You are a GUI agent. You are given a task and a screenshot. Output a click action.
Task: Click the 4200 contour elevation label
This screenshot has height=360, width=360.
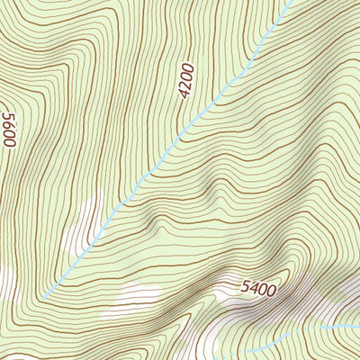(x=186, y=80)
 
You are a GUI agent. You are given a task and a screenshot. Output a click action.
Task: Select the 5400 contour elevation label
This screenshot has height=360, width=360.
(x=258, y=289)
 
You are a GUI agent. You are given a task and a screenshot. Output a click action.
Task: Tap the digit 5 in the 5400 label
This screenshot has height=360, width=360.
(x=246, y=291)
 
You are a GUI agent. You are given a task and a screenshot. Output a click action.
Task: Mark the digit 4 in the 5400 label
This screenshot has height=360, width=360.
(x=254, y=290)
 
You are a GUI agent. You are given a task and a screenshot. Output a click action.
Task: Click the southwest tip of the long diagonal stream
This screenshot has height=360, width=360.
(x=42, y=298)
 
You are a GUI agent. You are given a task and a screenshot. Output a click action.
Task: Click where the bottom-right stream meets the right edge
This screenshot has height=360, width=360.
(x=358, y=325)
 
